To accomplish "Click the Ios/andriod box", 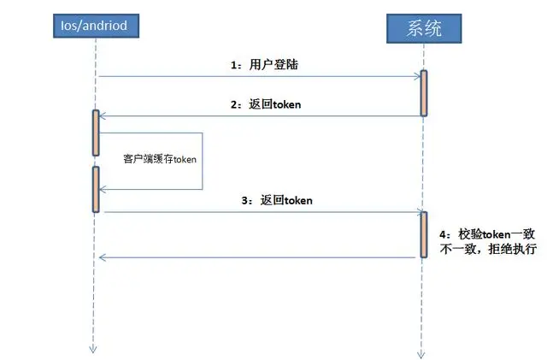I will (95, 26).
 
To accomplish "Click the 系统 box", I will (423, 29).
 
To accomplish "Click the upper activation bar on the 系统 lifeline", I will (423, 93).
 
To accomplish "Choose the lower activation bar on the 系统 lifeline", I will (423, 233).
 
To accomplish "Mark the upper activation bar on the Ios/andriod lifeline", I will (96, 133).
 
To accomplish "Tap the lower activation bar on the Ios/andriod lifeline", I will (96, 189).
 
